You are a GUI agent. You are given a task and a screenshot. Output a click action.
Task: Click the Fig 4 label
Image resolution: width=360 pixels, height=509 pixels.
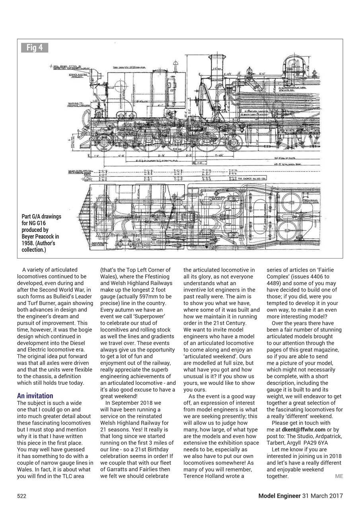[x=35, y=48]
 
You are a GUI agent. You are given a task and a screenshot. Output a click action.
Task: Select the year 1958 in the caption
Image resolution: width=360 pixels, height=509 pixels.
[x=28, y=243]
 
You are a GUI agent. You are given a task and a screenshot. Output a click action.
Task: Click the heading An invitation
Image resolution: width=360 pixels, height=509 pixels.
[x=35, y=396]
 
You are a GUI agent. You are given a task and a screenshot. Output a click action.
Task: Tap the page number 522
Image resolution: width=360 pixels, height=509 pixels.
[x=21, y=496]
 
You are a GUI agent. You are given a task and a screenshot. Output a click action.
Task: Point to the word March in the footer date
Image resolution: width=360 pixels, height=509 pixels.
[x=321, y=496]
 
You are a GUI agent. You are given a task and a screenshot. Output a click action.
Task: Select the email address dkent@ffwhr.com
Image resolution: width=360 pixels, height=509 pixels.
[x=304, y=429]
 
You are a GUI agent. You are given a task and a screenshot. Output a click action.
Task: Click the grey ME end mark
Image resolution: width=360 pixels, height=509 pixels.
[x=339, y=476]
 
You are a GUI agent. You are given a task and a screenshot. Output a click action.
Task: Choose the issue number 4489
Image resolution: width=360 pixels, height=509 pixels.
[x=274, y=284]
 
